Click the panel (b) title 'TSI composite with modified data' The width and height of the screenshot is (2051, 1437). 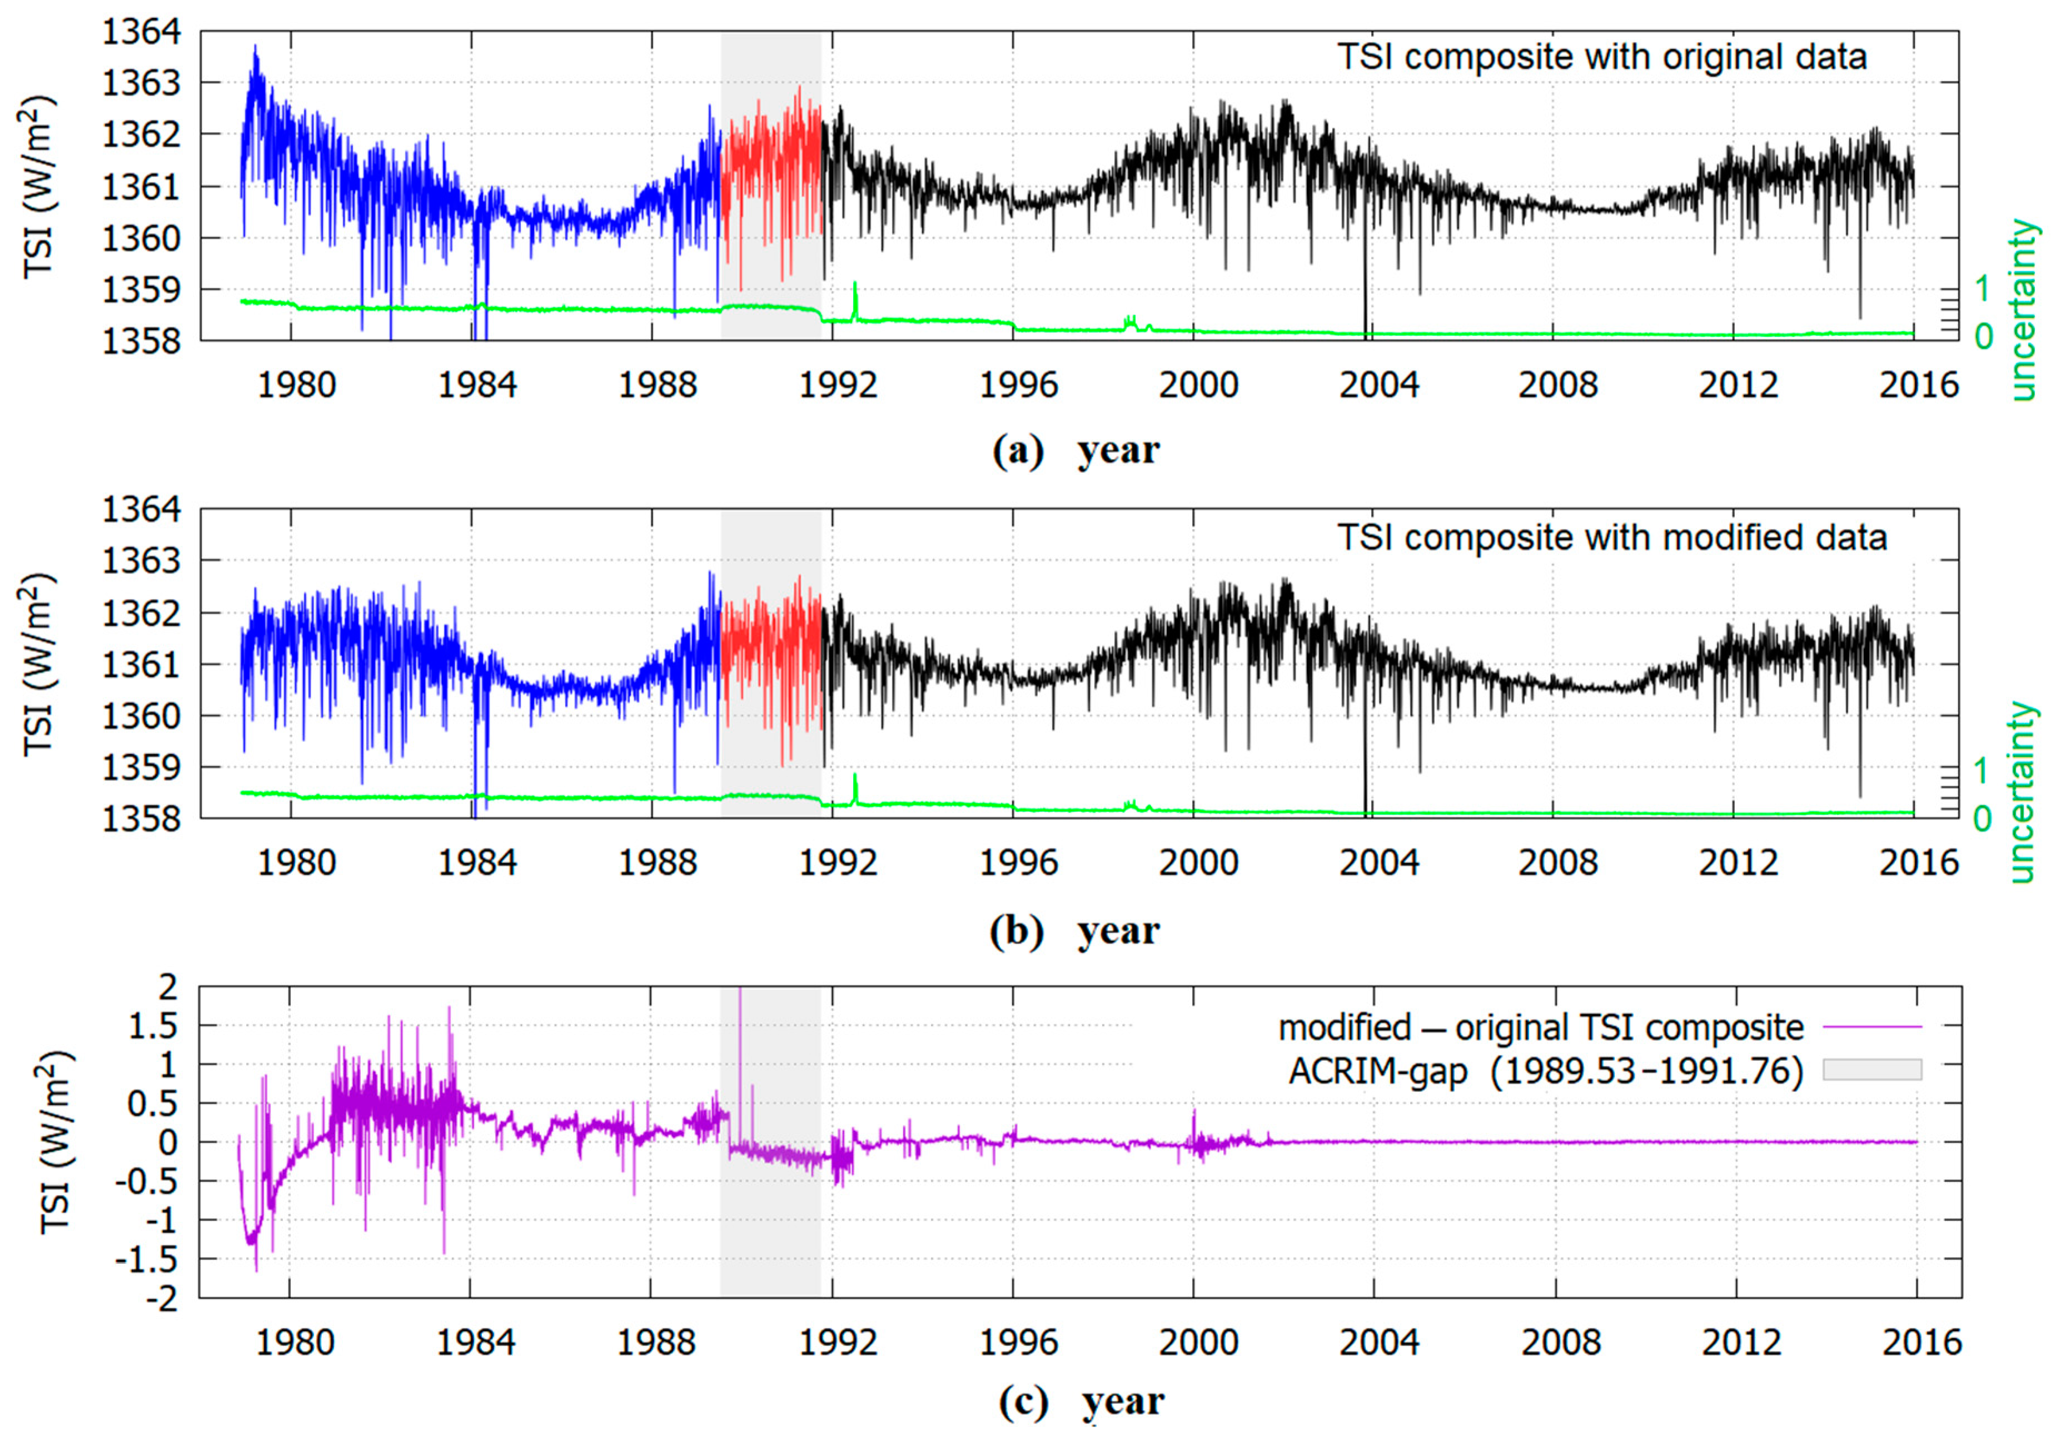pyautogui.click(x=1611, y=538)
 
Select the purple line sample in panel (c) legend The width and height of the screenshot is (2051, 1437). pyautogui.click(x=1871, y=1027)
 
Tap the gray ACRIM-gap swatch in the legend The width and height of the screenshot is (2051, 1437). pyautogui.click(x=1871, y=1070)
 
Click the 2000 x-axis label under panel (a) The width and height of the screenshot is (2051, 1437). pyautogui.click(x=1198, y=386)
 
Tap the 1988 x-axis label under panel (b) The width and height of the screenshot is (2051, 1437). pyautogui.click(x=658, y=863)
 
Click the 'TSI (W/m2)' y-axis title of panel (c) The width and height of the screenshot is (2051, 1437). pyautogui.click(x=56, y=1143)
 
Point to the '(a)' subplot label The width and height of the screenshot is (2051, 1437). pyautogui.click(x=1017, y=450)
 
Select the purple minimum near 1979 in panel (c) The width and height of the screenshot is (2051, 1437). pyautogui.click(x=256, y=1268)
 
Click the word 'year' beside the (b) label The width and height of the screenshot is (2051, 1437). pyautogui.click(x=1118, y=931)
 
